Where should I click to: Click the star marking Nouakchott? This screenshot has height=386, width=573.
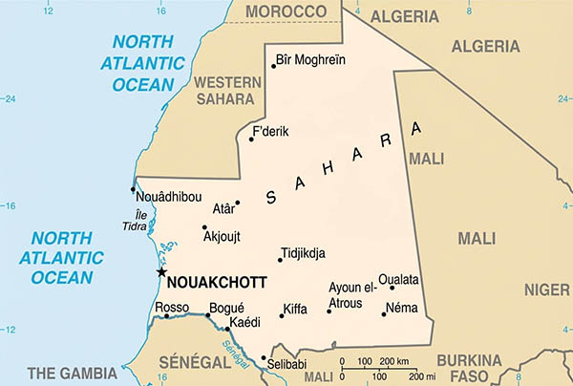point(160,272)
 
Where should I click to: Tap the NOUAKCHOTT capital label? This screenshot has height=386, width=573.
point(217,283)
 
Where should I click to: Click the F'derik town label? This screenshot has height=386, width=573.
point(272,132)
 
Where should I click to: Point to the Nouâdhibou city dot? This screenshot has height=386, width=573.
point(133,189)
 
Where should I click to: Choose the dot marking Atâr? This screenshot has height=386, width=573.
point(238,203)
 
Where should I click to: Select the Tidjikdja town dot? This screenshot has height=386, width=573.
point(278,259)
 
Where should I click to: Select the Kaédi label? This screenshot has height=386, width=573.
point(246,324)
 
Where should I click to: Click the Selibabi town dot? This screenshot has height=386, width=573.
point(264,358)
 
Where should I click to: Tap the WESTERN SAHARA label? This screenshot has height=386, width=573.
point(227,89)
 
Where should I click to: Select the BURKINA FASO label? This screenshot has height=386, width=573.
point(469,367)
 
